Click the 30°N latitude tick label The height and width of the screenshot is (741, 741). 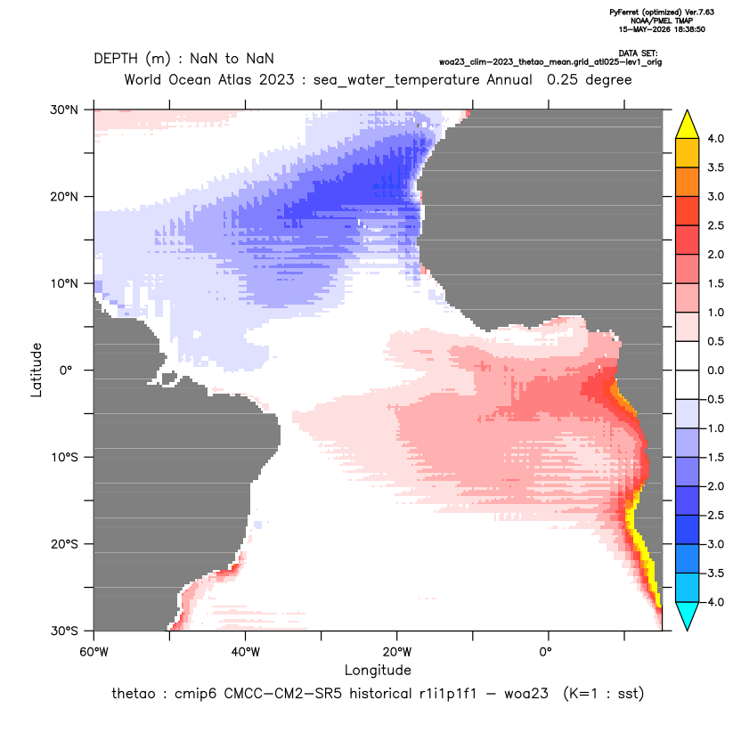(64, 110)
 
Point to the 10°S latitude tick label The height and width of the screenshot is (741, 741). (64, 458)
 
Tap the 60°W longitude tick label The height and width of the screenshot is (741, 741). (94, 652)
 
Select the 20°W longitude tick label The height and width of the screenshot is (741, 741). (397, 652)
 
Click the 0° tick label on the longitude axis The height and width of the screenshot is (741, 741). (545, 652)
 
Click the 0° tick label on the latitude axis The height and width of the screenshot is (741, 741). (66, 370)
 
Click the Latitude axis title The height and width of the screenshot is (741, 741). (37, 370)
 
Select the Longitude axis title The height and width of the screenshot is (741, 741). (378, 670)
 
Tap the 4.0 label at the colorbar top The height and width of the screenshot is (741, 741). (715, 138)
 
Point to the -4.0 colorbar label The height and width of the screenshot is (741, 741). (713, 602)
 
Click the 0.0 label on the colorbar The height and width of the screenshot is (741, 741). (715, 370)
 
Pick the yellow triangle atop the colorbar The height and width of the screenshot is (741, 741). (688, 124)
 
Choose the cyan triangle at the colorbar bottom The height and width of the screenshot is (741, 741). (688, 616)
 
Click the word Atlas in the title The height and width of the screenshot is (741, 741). (234, 79)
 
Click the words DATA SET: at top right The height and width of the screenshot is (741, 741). (638, 53)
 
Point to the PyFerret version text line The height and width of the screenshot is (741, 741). (662, 12)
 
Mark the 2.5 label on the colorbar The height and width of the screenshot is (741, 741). (715, 225)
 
